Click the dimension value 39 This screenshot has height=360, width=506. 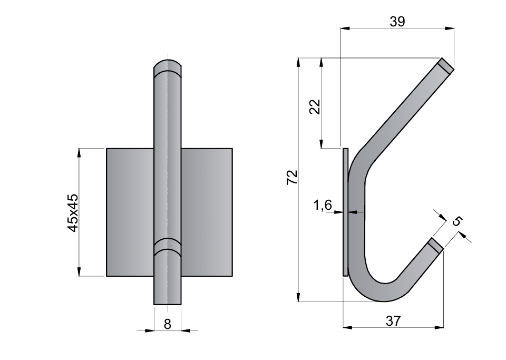[x=397, y=21]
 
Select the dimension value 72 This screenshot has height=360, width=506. [x=292, y=177]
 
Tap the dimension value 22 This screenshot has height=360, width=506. [x=315, y=107]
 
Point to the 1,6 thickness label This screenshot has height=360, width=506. [x=323, y=205]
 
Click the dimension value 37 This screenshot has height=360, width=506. [x=393, y=321]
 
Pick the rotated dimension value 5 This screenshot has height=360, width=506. [x=457, y=221]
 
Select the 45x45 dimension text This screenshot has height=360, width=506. [x=73, y=213]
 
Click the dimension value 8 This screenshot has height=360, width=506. [x=167, y=324]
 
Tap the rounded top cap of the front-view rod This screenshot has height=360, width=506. [x=168, y=66]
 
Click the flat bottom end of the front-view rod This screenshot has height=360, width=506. [x=168, y=304]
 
